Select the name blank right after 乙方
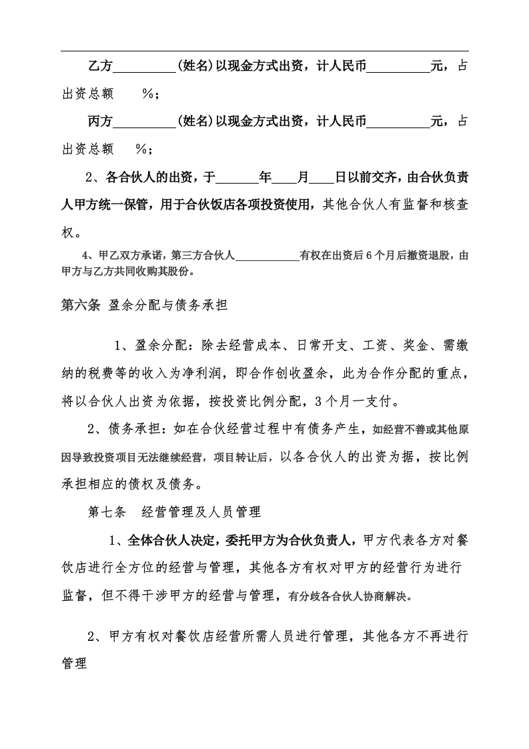pyautogui.click(x=145, y=67)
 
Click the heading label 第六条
pyautogui.click(x=80, y=306)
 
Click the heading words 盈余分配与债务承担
pyautogui.click(x=169, y=306)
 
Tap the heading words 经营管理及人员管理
pyautogui.click(x=201, y=513)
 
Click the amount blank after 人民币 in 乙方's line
pyautogui.click(x=398, y=67)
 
